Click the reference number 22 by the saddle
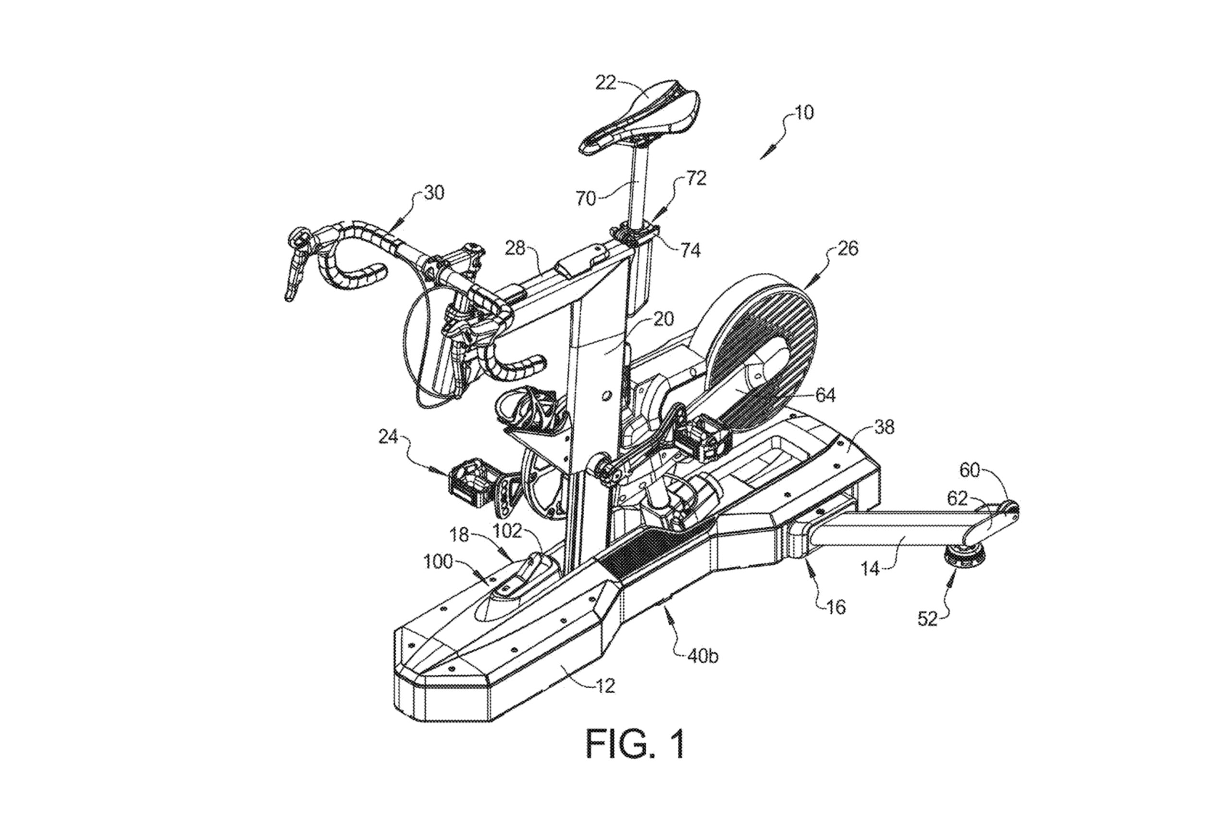coord(605,83)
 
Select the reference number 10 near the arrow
coord(803,112)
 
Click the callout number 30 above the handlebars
coord(434,193)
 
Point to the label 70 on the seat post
coord(586,198)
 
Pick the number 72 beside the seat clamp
coord(695,178)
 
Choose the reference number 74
coord(690,250)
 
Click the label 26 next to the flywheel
coord(848,248)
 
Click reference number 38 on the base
coord(884,427)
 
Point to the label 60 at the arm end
coord(969,470)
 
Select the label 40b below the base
coord(702,656)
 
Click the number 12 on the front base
coord(605,685)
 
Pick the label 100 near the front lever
coord(438,562)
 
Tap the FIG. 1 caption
coord(634,744)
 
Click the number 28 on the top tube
coord(515,248)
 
